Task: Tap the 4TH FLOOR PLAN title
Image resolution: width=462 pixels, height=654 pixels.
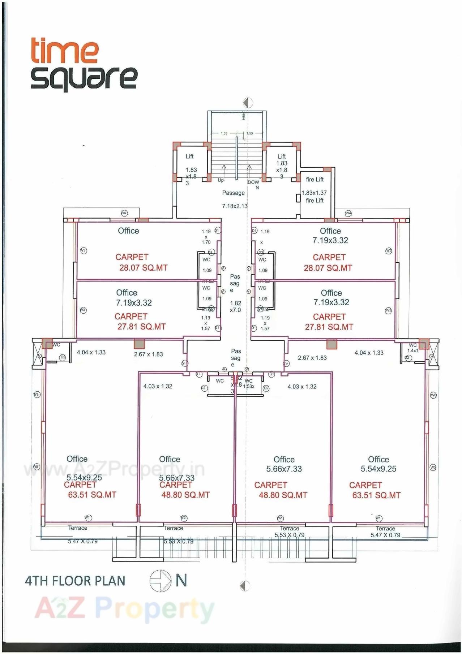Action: click(75, 581)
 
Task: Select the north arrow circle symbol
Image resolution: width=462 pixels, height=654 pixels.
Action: click(160, 581)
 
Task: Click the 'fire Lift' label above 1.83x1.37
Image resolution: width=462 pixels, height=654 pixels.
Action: click(315, 180)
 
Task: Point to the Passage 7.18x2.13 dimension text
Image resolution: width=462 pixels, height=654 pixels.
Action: click(235, 206)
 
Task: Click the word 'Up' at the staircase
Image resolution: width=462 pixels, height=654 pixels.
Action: click(221, 180)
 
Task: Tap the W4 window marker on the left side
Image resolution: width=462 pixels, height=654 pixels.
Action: click(124, 213)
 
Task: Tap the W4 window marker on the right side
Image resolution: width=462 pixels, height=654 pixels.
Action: click(348, 213)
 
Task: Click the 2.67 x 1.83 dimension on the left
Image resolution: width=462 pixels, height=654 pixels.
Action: click(148, 354)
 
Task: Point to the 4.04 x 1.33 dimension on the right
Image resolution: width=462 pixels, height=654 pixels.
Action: click(369, 353)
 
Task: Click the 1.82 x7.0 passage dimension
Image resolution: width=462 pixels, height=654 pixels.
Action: click(235, 306)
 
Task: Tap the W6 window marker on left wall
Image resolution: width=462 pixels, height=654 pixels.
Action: click(37, 395)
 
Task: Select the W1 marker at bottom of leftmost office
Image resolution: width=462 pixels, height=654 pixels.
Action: click(88, 518)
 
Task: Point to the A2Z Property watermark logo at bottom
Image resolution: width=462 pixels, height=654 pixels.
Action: click(125, 608)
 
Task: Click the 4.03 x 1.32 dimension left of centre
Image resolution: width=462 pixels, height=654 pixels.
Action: click(158, 386)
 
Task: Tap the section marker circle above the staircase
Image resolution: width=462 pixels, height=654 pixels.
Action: click(247, 103)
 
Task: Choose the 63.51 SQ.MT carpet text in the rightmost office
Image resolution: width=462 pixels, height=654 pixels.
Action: click(376, 495)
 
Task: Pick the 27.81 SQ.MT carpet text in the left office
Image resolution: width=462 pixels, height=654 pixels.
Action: click(141, 327)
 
